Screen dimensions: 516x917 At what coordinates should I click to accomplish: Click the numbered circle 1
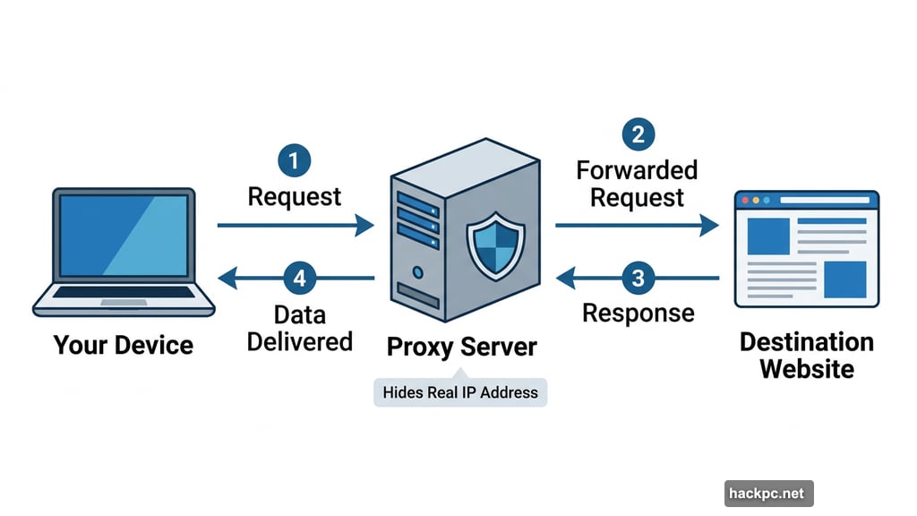click(x=295, y=162)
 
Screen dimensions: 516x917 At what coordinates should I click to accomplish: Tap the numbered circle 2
click(x=637, y=134)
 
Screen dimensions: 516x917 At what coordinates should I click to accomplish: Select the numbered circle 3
click(x=637, y=279)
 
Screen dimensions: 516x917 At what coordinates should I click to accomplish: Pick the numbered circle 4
click(x=299, y=279)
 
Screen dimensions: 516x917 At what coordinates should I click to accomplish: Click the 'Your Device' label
click(x=124, y=345)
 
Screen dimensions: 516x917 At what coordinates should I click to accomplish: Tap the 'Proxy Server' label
click(x=461, y=347)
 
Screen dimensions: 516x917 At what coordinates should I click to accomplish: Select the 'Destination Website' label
click(x=806, y=355)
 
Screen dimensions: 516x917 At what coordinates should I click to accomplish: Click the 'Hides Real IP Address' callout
click(x=460, y=392)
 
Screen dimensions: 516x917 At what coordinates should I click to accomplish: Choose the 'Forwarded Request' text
click(x=637, y=183)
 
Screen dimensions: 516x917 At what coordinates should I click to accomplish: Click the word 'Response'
click(x=638, y=313)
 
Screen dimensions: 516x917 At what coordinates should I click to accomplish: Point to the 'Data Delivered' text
click(x=300, y=328)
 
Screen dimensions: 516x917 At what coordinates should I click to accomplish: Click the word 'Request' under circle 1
click(x=295, y=196)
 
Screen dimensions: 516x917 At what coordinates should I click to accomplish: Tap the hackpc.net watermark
click(x=768, y=493)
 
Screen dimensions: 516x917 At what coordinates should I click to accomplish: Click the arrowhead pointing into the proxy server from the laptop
click(x=364, y=225)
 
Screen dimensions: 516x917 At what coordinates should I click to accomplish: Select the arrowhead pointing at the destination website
click(x=709, y=225)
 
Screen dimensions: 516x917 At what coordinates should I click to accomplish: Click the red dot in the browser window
click(x=745, y=201)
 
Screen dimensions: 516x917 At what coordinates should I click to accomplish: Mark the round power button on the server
click(x=416, y=270)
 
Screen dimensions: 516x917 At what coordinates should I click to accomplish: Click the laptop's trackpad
click(x=124, y=302)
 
